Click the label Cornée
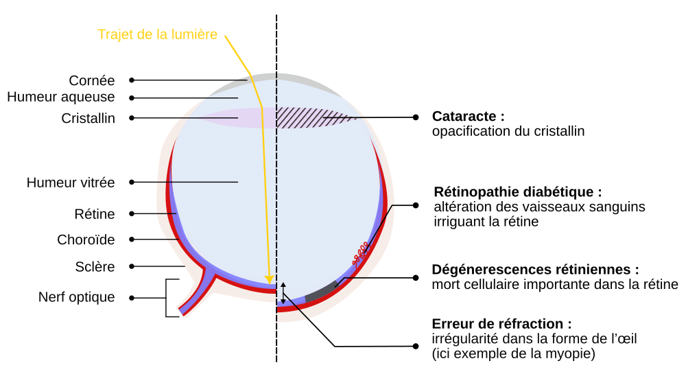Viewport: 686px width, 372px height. pyautogui.click(x=92, y=80)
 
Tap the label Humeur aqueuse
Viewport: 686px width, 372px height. pyautogui.click(x=61, y=97)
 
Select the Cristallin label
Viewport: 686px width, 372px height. pyautogui.click(x=88, y=118)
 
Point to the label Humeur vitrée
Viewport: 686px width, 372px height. pyautogui.click(x=71, y=183)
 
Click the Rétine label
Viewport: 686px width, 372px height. pyautogui.click(x=95, y=214)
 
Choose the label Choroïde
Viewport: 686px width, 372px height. pyautogui.click(x=86, y=240)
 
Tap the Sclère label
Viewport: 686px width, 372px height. pyautogui.click(x=95, y=266)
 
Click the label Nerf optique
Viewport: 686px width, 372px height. pyautogui.click(x=77, y=297)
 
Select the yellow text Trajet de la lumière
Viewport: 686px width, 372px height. pyautogui.click(x=158, y=34)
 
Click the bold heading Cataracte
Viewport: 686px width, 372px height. pyautogui.click(x=468, y=116)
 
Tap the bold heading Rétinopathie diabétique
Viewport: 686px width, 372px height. pyautogui.click(x=518, y=191)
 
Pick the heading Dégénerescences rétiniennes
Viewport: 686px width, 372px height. pyautogui.click(x=535, y=270)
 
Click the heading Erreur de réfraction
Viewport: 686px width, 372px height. pyautogui.click(x=501, y=324)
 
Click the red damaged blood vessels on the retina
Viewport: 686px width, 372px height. pyautogui.click(x=361, y=251)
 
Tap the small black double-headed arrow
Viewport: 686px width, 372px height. pyautogui.click(x=283, y=293)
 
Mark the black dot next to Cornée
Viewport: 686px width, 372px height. pyautogui.click(x=132, y=80)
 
